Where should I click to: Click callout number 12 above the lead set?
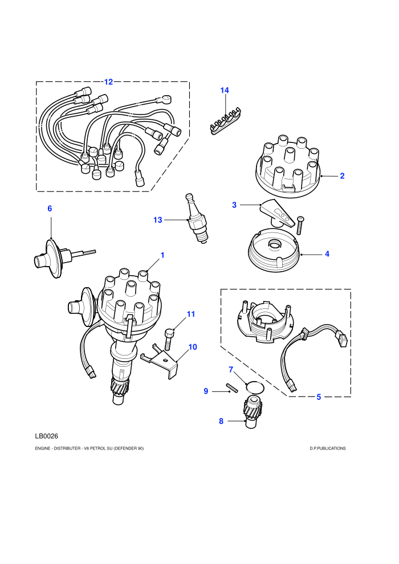pos(108,82)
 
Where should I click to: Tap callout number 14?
pos(225,90)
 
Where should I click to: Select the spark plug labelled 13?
pos(197,219)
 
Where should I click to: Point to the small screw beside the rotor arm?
pos(300,226)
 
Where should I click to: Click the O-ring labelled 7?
pos(255,387)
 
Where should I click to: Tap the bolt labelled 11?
pos(168,339)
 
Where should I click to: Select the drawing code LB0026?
pos(46,436)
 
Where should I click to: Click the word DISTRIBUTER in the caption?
pos(67,448)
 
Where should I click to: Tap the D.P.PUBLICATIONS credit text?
pos(327,448)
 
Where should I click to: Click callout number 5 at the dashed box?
pos(319,397)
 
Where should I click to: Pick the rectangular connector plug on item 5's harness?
pos(341,339)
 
